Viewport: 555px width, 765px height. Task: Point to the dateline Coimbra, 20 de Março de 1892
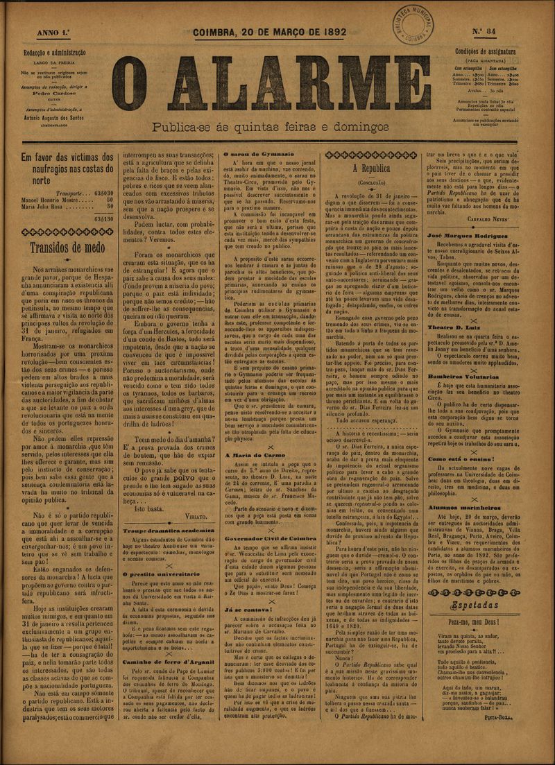tap(270, 32)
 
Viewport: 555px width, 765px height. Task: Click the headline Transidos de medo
tap(67, 248)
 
